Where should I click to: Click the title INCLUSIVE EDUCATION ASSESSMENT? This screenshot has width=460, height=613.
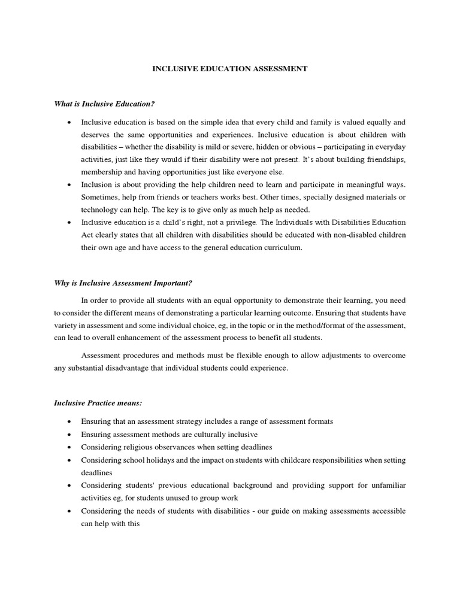pyautogui.click(x=230, y=69)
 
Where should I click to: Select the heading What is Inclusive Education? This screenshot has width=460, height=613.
pyautogui.click(x=100, y=104)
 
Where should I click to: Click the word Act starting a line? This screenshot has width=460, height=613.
pyautogui.click(x=87, y=235)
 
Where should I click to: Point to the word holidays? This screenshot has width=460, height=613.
pyautogui.click(x=155, y=460)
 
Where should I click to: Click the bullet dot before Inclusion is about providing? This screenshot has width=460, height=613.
pyautogui.click(x=70, y=185)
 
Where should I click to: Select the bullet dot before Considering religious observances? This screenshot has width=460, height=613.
pyautogui.click(x=70, y=448)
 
